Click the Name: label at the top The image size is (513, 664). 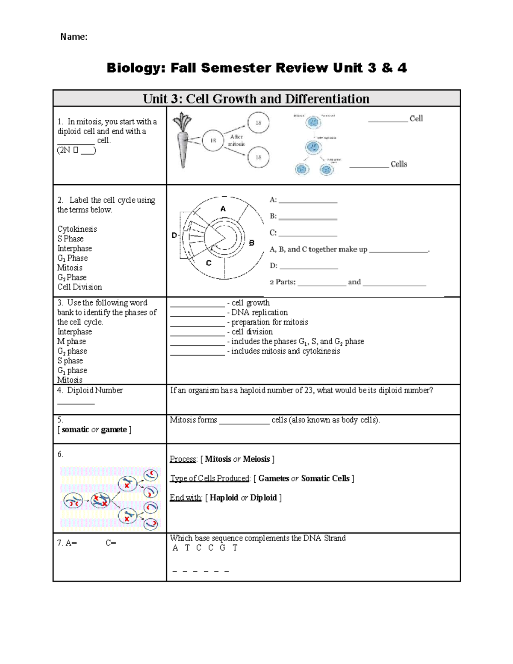(x=74, y=37)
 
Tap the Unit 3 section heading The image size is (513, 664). (x=256, y=99)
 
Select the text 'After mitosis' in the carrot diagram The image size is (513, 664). (x=236, y=140)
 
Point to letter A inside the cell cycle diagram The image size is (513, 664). (x=223, y=209)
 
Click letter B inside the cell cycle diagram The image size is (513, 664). (x=252, y=243)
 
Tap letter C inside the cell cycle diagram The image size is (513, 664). (x=209, y=263)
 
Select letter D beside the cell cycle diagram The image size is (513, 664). (x=174, y=235)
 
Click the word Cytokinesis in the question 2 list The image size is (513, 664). (x=77, y=229)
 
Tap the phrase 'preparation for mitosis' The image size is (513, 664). (x=270, y=322)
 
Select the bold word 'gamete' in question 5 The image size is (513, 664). (x=114, y=430)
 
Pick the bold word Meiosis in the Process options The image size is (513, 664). (x=256, y=459)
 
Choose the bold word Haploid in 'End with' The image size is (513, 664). (x=224, y=498)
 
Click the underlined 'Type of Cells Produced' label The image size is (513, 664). (x=209, y=478)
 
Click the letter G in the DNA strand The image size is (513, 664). (x=222, y=548)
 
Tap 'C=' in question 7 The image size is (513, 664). (x=111, y=543)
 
